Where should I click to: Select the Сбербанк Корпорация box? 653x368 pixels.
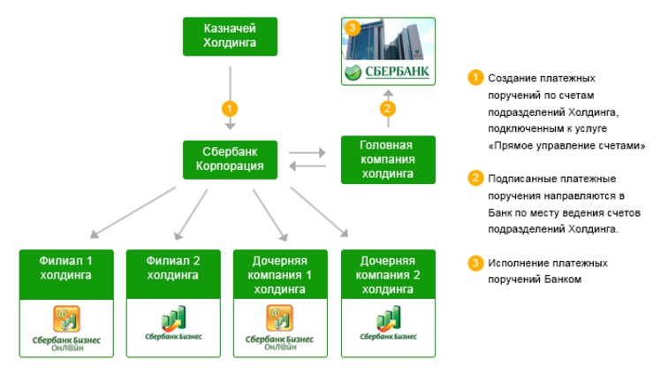click(230, 159)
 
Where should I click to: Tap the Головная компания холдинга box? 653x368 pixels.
click(389, 159)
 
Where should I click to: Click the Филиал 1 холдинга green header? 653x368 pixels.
click(66, 268)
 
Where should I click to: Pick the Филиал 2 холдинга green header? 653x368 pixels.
click(173, 268)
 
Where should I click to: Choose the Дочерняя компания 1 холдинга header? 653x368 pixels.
click(280, 274)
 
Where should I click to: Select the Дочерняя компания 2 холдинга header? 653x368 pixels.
click(389, 274)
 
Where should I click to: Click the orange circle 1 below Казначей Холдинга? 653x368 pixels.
click(230, 110)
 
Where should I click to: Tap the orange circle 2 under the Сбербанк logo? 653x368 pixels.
click(388, 110)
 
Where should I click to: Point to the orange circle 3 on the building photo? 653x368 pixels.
click(353, 28)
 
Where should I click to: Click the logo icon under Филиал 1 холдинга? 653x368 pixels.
click(66, 318)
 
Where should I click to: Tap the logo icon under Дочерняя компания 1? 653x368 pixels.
click(280, 318)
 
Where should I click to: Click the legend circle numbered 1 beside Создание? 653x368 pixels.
click(475, 78)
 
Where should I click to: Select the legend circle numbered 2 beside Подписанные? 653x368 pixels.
click(475, 179)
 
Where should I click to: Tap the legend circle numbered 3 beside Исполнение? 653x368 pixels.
click(475, 263)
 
